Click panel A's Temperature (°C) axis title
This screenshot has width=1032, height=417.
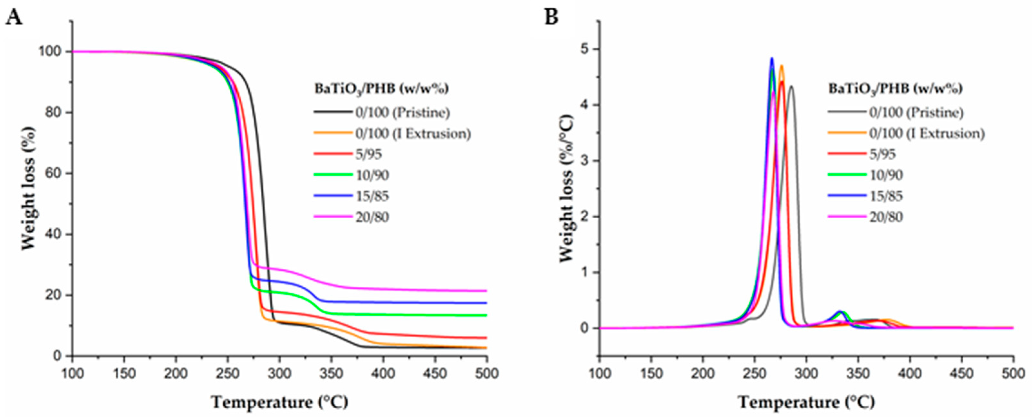coord(280,402)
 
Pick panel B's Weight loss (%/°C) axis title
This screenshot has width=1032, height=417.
coord(566,188)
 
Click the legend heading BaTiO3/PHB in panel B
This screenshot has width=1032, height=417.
coord(895,89)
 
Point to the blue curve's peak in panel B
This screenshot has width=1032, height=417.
coord(772,59)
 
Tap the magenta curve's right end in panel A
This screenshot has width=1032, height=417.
coord(486,291)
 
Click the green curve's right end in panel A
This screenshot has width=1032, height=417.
coord(486,315)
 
